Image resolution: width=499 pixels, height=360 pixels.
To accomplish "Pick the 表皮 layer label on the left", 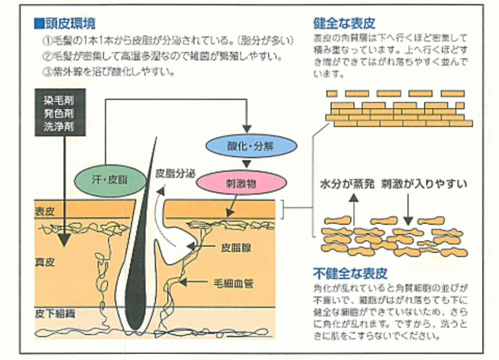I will coord(45,213).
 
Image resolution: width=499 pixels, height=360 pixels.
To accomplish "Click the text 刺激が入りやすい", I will coord(424,184).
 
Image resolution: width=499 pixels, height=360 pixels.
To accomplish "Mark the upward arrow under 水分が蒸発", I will coord(356,210).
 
